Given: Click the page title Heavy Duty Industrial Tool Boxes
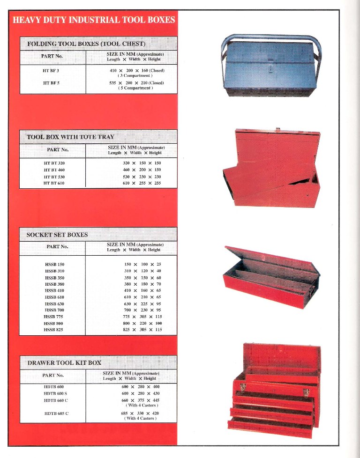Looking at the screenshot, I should point(94,20).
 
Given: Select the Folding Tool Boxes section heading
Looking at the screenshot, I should point(87,44).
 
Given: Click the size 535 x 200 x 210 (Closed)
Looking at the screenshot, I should point(136,82).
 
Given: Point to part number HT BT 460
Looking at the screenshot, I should point(54,170).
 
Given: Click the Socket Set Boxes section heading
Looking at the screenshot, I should point(58,235).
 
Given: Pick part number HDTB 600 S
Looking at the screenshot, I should point(55,393).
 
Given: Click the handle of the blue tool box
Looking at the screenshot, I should point(270,37).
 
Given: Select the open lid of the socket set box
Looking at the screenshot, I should point(272,260).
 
